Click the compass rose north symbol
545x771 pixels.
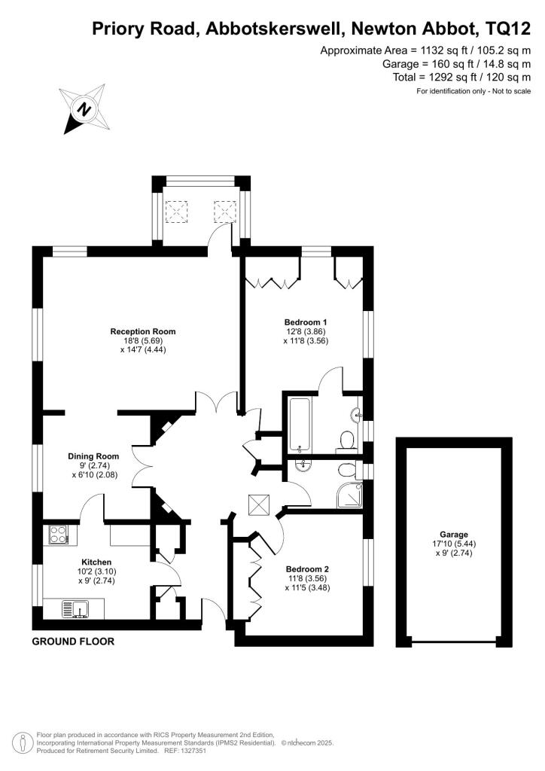pyautogui.click(x=84, y=110)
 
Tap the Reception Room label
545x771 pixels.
pyautogui.click(x=143, y=331)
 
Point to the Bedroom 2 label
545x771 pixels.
pyautogui.click(x=307, y=569)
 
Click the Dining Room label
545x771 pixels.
pyautogui.click(x=93, y=456)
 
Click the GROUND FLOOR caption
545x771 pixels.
pyautogui.click(x=73, y=642)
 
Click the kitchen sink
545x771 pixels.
pyautogui.click(x=77, y=607)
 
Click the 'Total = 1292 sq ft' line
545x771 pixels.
pyautogui.click(x=461, y=78)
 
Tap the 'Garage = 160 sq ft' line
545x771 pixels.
pyautogui.click(x=457, y=64)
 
